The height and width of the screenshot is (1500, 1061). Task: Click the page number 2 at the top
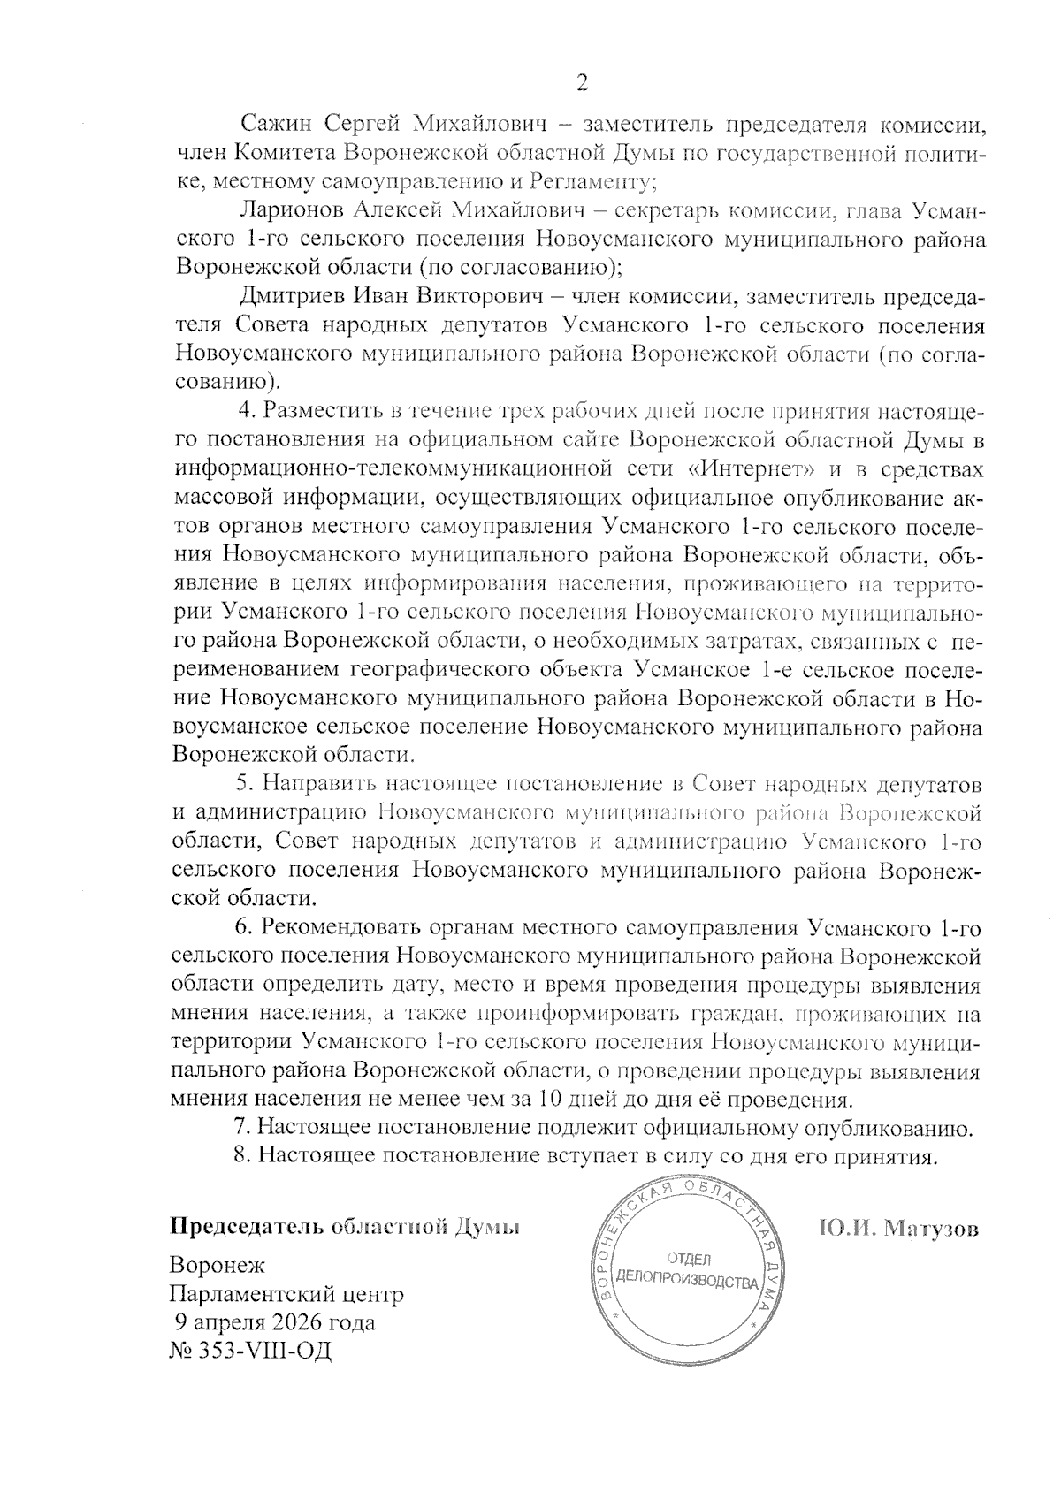[x=582, y=82]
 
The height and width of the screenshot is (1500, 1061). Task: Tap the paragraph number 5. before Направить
[x=245, y=783]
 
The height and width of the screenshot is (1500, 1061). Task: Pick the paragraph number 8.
[x=241, y=1157]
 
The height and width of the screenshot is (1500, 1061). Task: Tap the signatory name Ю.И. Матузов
[x=899, y=1230]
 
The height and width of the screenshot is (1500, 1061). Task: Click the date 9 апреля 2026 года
[x=274, y=1323]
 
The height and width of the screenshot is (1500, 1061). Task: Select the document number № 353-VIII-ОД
[x=250, y=1352]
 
